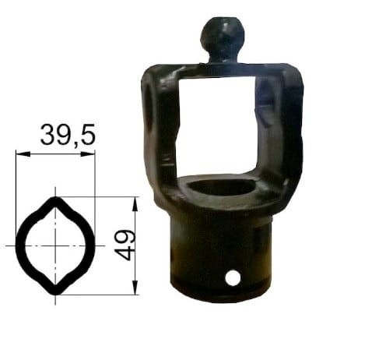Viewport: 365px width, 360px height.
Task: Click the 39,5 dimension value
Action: [x=68, y=135]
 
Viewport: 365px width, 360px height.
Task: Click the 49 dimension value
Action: [x=125, y=245]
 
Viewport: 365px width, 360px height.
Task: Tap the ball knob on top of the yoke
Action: [x=223, y=37]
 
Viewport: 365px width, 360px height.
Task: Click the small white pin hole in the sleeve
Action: [x=233, y=277]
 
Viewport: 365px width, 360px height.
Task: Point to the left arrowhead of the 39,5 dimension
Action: [x=23, y=154]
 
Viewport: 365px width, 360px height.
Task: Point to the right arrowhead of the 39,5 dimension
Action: [x=88, y=154]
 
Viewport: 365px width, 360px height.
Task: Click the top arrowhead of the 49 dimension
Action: [x=135, y=204]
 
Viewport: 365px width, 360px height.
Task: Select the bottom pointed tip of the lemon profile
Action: [x=55, y=293]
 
